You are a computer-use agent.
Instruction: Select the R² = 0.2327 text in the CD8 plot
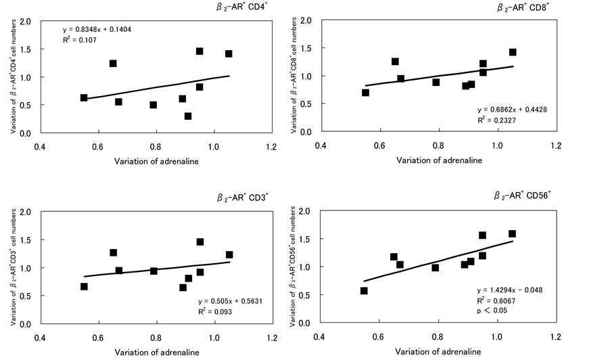point(496,120)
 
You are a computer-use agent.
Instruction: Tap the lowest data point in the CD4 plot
point(188,116)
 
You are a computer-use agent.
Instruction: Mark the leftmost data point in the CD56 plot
point(364,291)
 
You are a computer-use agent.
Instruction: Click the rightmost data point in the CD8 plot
point(513,52)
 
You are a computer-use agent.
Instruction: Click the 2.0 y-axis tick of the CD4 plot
point(25,22)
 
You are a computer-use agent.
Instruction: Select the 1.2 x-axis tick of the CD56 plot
point(555,336)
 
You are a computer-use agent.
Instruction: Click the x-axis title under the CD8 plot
point(440,160)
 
